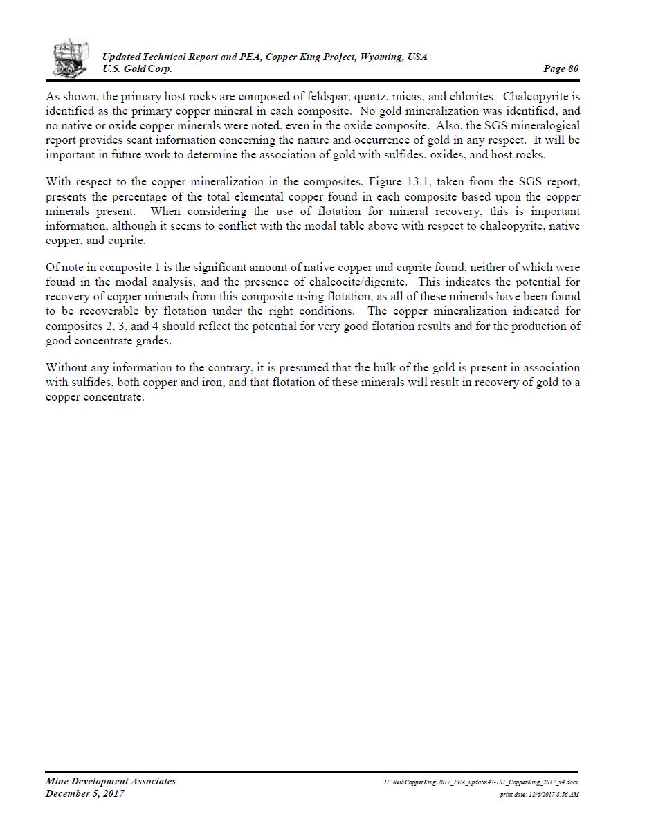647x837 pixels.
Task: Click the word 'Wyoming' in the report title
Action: [x=381, y=57]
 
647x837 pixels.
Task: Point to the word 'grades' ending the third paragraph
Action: [x=153, y=341]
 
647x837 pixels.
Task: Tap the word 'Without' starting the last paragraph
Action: [x=66, y=367]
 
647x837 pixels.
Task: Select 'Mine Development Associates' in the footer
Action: [x=111, y=781]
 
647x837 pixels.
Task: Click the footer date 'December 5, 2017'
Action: [x=85, y=793]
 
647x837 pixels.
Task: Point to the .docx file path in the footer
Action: [x=481, y=782]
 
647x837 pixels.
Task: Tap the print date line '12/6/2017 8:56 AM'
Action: [x=539, y=795]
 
